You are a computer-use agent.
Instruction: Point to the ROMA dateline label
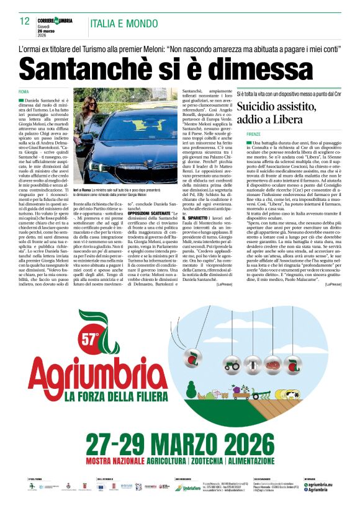[x=24, y=92]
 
